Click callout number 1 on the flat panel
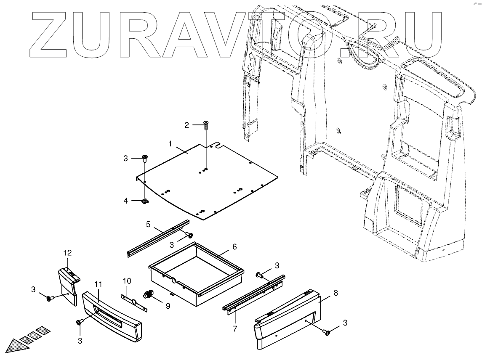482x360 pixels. [x=171, y=144]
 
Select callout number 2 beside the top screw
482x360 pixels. [x=186, y=125]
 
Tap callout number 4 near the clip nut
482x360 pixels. [x=125, y=201]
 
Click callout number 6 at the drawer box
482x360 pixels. [x=235, y=247]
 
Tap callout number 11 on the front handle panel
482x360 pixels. [x=98, y=285]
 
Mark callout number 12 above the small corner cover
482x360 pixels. [x=68, y=253]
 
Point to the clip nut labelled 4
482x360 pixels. [x=145, y=202]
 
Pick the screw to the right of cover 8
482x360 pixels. [x=326, y=333]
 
